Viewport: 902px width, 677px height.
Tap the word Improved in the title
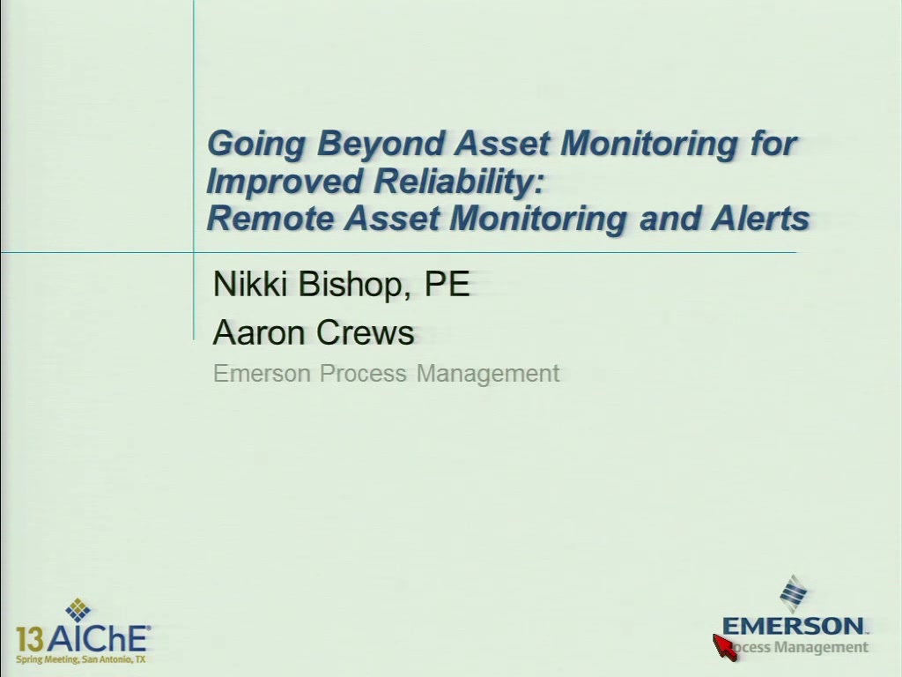point(285,182)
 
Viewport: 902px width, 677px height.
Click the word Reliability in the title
point(459,182)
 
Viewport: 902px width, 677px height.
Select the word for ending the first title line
point(773,143)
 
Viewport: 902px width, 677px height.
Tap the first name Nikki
point(249,284)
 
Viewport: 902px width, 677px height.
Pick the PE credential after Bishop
point(447,284)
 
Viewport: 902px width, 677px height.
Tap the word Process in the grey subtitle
point(363,373)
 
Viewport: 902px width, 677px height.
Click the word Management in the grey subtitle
point(488,374)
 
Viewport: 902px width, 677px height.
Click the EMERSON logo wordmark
point(794,626)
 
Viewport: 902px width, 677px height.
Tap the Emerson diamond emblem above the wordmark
point(794,594)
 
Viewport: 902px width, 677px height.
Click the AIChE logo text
point(98,638)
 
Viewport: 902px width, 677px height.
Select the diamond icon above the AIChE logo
point(78,611)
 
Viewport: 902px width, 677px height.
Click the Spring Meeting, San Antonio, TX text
point(80,659)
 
